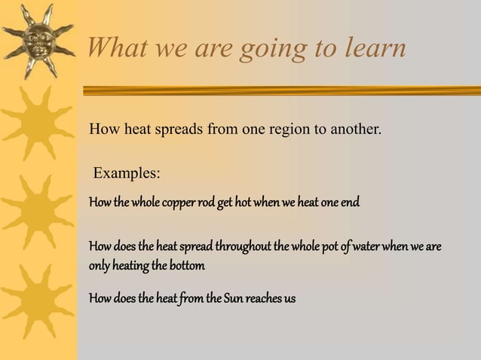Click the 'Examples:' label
pyautogui.click(x=126, y=173)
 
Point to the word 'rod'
pyautogui.click(x=207, y=203)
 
